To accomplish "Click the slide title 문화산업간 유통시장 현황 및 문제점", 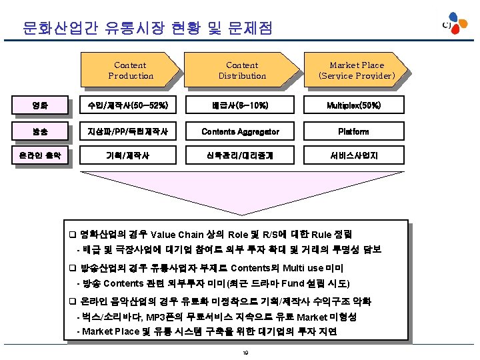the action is pyautogui.click(x=147, y=28).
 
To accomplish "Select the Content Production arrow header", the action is pyautogui.click(x=131, y=70).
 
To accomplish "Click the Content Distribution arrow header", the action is pyautogui.click(x=242, y=70).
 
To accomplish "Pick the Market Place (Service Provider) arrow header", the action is pyautogui.click(x=357, y=70).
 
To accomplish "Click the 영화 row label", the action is pyautogui.click(x=41, y=105).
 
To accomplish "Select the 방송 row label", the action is pyautogui.click(x=41, y=131).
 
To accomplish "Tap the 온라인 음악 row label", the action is pyautogui.click(x=41, y=156).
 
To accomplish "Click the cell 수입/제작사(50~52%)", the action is pyautogui.click(x=131, y=105).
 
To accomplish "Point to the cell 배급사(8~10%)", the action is pyautogui.click(x=241, y=105).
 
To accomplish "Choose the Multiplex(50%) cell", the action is pyautogui.click(x=354, y=105).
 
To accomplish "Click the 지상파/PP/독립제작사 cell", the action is pyautogui.click(x=131, y=131).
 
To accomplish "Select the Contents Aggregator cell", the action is pyautogui.click(x=241, y=131).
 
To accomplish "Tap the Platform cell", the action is pyautogui.click(x=354, y=131).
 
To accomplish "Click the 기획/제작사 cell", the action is pyautogui.click(x=131, y=156).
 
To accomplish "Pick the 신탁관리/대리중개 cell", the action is pyautogui.click(x=241, y=156).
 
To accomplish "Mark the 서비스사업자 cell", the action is pyautogui.click(x=354, y=156).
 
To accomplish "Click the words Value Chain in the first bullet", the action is pyautogui.click(x=177, y=235).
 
